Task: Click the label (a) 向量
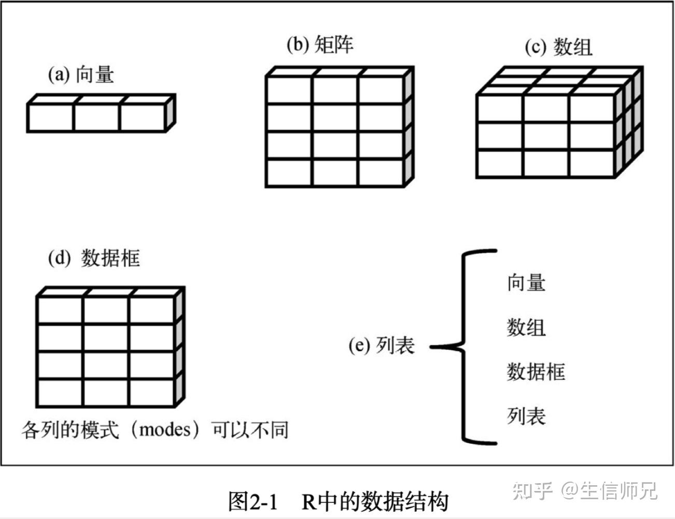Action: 81,75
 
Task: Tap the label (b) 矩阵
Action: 320,45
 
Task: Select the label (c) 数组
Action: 558,47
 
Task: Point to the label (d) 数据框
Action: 94,258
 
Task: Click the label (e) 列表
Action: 382,345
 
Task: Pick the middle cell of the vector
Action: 97,118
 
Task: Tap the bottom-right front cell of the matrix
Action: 381,172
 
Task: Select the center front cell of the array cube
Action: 546,136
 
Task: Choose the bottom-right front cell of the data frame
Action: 151,393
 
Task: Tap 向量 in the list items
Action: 526,283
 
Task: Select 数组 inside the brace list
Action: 526,327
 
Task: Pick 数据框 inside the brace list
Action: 536,372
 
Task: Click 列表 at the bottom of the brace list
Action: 526,416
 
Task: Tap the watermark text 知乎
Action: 532,490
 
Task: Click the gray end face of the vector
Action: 170,113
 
